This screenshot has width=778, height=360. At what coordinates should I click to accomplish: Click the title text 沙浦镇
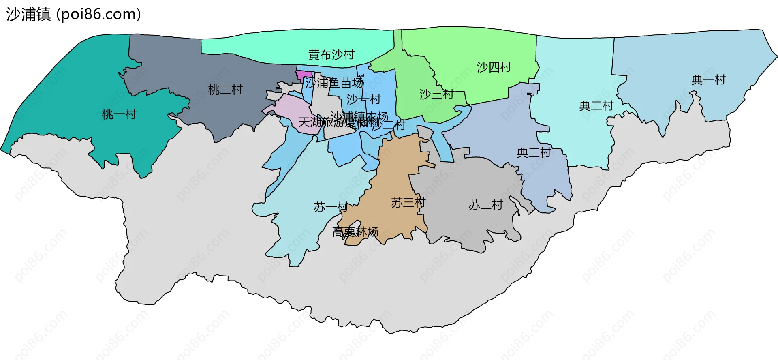[28, 15]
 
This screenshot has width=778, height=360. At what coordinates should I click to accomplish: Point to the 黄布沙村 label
[331, 54]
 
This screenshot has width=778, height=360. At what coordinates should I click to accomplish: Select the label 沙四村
[494, 67]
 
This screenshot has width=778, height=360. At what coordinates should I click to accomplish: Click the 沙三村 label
[436, 94]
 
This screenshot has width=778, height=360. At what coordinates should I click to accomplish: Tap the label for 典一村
[708, 80]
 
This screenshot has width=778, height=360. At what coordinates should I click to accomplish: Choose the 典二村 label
[596, 106]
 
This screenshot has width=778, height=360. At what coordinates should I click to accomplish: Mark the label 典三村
[534, 152]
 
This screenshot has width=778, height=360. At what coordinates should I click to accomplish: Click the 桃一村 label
[119, 114]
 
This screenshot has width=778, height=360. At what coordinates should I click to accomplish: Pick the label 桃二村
[225, 90]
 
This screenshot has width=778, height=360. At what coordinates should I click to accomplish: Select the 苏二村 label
[485, 205]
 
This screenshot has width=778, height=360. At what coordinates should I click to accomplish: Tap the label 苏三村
[408, 203]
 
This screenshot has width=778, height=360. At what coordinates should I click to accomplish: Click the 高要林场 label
[355, 232]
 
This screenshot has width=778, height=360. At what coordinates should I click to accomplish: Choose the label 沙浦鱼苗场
[334, 83]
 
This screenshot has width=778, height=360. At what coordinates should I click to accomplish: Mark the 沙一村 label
[363, 99]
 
